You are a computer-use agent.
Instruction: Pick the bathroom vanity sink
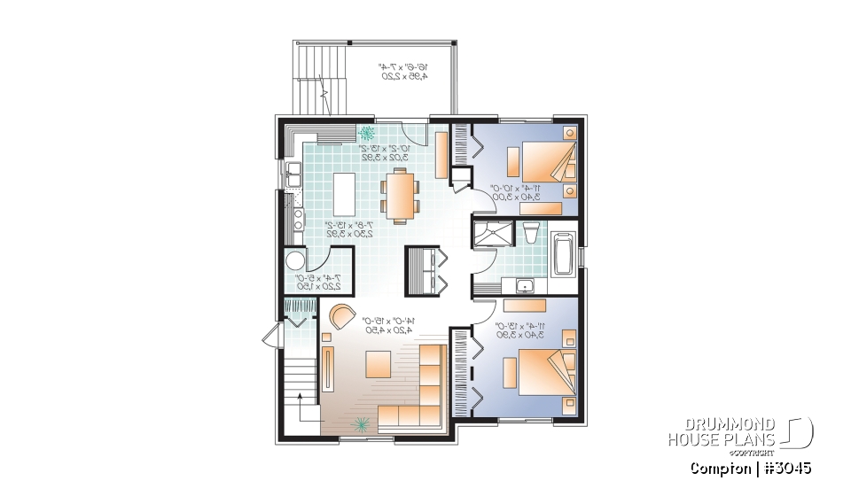click(525, 286)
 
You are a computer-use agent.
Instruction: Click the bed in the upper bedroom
click(541, 162)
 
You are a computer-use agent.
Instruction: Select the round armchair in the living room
click(341, 314)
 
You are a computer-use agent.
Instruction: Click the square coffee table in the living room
click(378, 363)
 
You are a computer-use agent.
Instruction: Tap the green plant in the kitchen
click(366, 134)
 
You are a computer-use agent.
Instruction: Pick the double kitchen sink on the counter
click(292, 176)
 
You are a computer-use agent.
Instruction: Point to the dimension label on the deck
click(404, 72)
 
